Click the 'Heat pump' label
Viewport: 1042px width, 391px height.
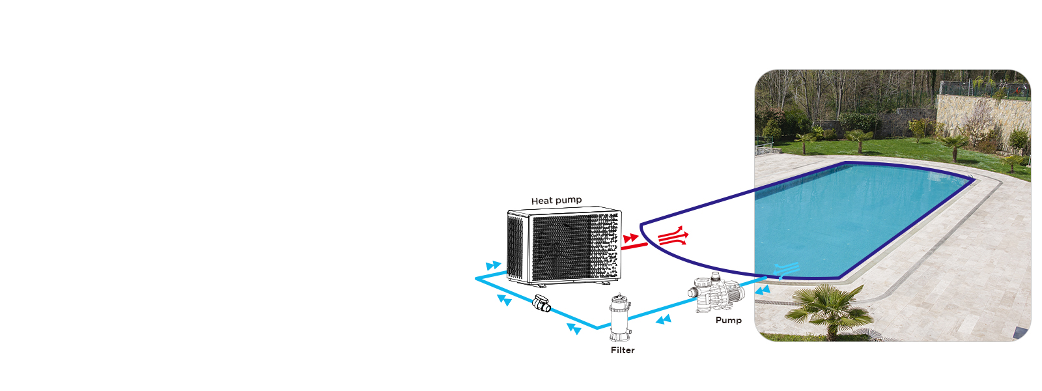click(556, 201)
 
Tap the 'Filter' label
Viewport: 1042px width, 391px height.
click(623, 351)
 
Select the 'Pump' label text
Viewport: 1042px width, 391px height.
click(728, 321)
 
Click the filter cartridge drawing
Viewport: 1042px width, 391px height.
click(620, 317)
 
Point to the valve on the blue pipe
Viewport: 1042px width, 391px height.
click(541, 304)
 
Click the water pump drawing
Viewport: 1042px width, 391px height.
click(716, 295)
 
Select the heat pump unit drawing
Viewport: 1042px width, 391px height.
click(564, 246)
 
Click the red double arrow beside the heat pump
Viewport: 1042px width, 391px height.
click(630, 239)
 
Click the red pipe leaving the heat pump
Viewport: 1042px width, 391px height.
click(634, 246)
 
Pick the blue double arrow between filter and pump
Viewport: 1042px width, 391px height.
click(663, 319)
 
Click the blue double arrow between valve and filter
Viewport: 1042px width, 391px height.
click(574, 329)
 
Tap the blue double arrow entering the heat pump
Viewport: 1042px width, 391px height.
click(494, 266)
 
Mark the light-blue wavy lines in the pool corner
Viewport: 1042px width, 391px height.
click(787, 268)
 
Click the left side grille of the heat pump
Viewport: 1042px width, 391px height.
click(516, 246)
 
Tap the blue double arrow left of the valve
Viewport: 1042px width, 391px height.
click(504, 300)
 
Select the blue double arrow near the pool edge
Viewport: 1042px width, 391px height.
click(762, 290)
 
